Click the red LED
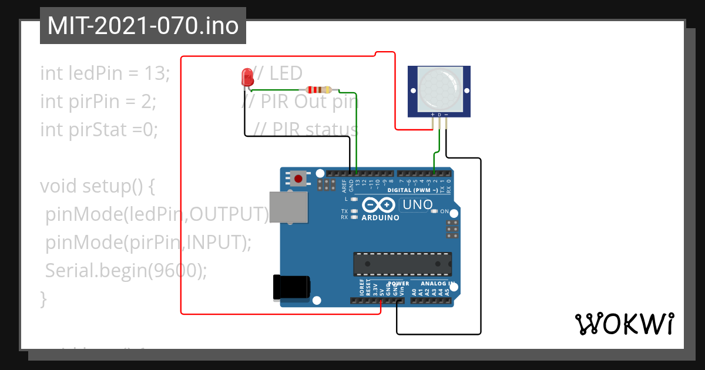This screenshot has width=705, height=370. pos(247,76)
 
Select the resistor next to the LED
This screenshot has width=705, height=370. pos(317,90)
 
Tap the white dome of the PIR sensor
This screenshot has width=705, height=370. pos(439,90)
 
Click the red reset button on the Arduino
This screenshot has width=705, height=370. pos(298,178)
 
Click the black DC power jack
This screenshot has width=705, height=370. pos(291,287)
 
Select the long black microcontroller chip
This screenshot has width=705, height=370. pos(402,264)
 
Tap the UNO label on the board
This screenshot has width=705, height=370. pos(417,205)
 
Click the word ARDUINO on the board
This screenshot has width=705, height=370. pos(381,218)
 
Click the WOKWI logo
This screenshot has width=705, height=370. pos(624,324)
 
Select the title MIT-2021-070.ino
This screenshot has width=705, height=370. pos(143,26)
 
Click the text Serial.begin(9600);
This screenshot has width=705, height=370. pos(126,270)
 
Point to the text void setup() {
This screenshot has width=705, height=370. pos(97,186)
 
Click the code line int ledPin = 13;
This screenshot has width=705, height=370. pos(105,73)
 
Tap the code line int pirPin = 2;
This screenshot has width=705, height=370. pos(98,102)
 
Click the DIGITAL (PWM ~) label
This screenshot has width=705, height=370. pos(412,191)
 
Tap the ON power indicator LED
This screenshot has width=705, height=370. pos(435,211)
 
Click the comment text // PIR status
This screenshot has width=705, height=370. pos(307,129)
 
